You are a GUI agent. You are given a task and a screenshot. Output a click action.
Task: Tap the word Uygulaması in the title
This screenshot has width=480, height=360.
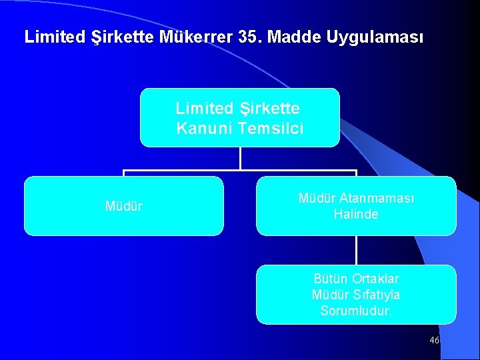coord(375,37)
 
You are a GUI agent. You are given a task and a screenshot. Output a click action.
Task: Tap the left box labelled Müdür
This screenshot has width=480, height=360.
coord(124,206)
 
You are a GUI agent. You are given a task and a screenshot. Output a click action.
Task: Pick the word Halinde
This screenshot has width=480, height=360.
coord(356,214)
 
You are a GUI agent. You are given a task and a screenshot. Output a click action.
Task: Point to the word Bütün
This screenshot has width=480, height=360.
coord(329,279)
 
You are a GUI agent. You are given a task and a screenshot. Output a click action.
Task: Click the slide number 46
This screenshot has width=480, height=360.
coord(435,341)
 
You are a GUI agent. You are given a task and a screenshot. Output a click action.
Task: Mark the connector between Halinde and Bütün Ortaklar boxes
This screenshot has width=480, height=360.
coord(356,250)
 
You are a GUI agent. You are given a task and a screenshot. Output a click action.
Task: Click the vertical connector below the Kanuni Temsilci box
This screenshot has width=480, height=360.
coord(240,158)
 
